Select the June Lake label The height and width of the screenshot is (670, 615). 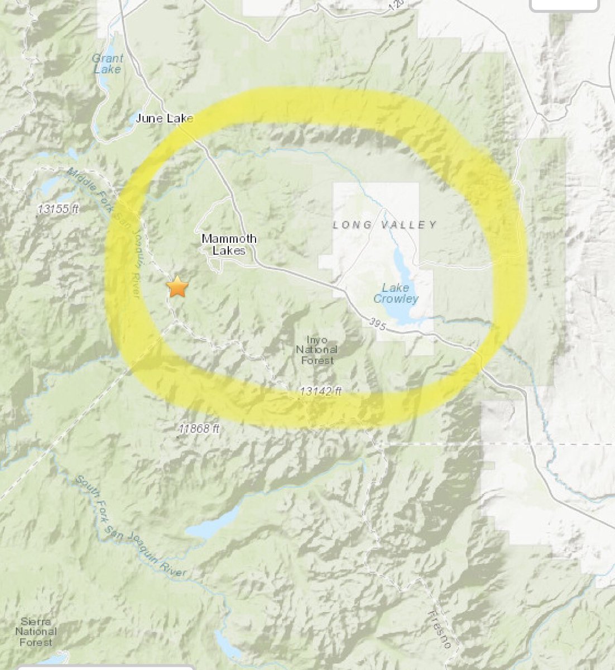[165, 118]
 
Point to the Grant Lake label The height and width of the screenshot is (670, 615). [108, 64]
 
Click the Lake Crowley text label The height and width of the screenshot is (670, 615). [396, 294]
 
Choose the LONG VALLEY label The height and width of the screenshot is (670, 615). [385, 225]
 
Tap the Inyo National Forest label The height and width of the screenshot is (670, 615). [316, 350]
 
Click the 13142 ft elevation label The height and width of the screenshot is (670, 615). [320, 392]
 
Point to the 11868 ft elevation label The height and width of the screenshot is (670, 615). [200, 429]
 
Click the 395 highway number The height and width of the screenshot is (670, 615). [377, 324]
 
